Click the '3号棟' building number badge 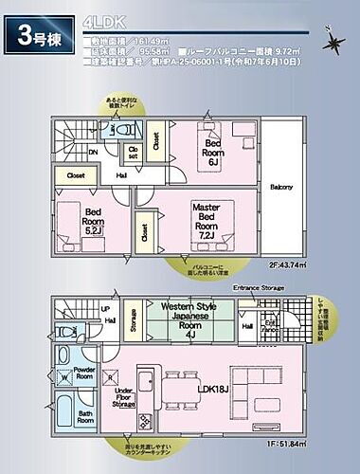coord(39,35)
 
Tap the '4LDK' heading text coord(100,20)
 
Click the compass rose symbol coord(333,43)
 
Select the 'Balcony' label coord(280,187)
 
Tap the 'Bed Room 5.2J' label coord(93,222)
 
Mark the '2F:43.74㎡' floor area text coord(288,265)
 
